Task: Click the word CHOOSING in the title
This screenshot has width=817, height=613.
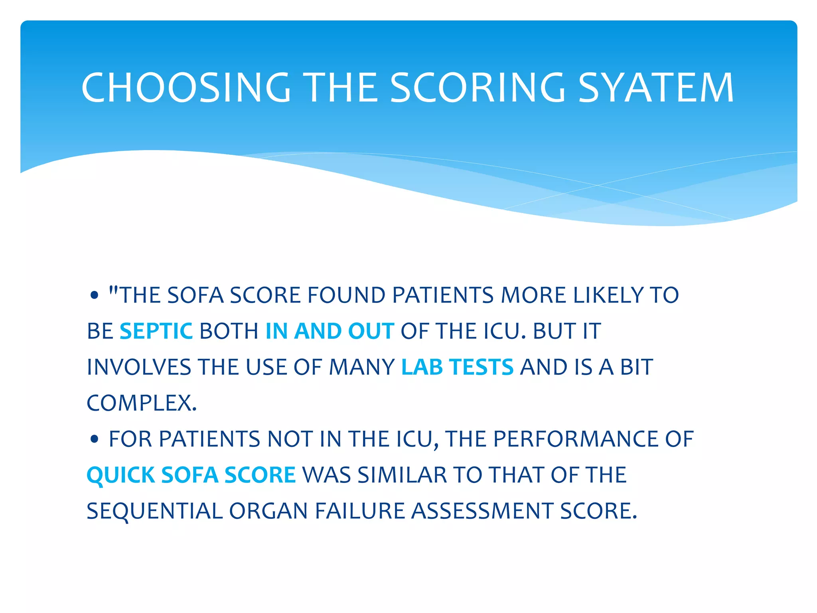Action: pyautogui.click(x=186, y=88)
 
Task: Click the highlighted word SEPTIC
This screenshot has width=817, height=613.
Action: pyautogui.click(x=156, y=331)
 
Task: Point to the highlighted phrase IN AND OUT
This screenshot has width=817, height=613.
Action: pyautogui.click(x=330, y=331)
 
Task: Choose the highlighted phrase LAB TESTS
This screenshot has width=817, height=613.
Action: pyautogui.click(x=457, y=367)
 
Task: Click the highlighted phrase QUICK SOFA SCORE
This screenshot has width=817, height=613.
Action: pyautogui.click(x=191, y=475)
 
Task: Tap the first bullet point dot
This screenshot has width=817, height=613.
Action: pyautogui.click(x=94, y=296)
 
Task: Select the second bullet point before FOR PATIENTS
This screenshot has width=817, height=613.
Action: pyautogui.click(x=94, y=439)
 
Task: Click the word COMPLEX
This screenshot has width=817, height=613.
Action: pyautogui.click(x=142, y=403)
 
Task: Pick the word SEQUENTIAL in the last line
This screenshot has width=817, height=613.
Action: pyautogui.click(x=154, y=511)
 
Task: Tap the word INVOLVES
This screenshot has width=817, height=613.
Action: pyautogui.click(x=139, y=367)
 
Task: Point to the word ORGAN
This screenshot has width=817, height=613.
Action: pyautogui.click(x=268, y=511)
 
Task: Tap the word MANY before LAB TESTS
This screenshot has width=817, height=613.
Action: pyautogui.click(x=361, y=367)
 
